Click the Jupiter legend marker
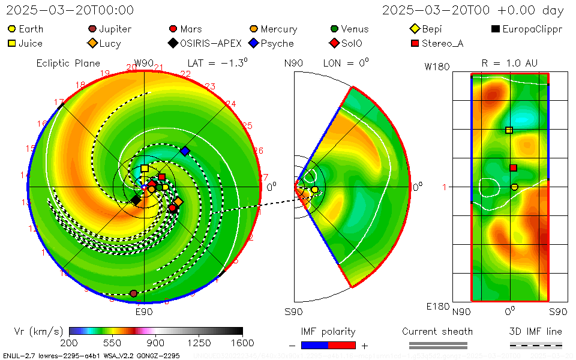tap(92, 29)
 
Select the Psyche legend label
tap(278, 43)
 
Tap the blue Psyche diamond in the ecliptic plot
tap(185, 151)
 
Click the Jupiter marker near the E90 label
tap(133, 293)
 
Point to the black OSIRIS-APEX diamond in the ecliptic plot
tap(137, 200)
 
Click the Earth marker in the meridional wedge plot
tap(314, 190)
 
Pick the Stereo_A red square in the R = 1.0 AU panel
tap(513, 168)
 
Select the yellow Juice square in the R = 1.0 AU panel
tap(509, 130)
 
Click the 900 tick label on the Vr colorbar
tap(156, 343)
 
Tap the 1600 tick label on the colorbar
tap(242, 343)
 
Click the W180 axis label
tap(437, 67)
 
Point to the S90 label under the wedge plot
tap(293, 311)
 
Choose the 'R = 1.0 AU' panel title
tap(509, 63)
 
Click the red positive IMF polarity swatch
tap(342, 345)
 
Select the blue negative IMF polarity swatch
tap(315, 345)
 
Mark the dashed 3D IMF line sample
tap(536, 345)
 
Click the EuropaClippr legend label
tap(532, 29)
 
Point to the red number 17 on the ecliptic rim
tap(59, 102)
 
